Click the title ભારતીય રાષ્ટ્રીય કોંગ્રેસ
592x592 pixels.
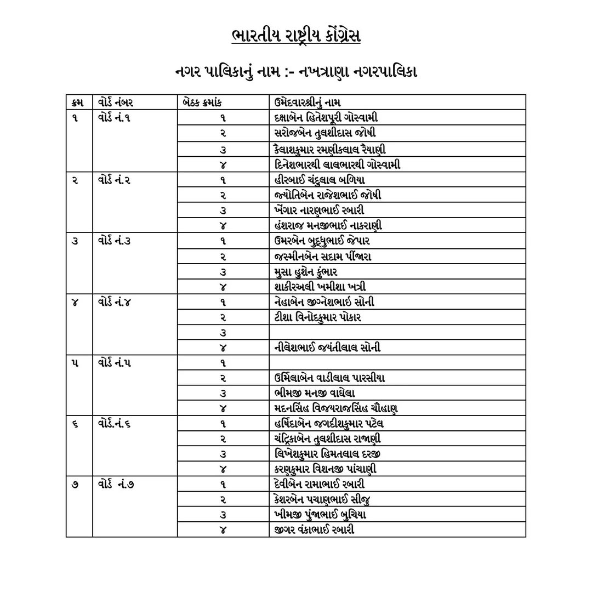296,37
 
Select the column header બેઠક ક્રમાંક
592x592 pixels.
203,103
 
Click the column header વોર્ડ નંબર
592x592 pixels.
116,103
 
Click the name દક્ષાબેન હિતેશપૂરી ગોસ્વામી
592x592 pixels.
326,118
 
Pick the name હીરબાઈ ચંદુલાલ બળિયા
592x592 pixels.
320,180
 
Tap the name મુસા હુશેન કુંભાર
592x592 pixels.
306,272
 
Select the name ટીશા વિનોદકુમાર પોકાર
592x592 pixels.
318,317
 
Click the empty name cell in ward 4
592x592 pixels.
397,332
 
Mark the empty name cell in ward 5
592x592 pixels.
397,363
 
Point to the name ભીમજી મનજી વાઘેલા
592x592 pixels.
315,393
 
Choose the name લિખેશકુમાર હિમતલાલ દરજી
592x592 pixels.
328,454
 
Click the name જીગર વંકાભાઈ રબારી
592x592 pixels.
314,530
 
